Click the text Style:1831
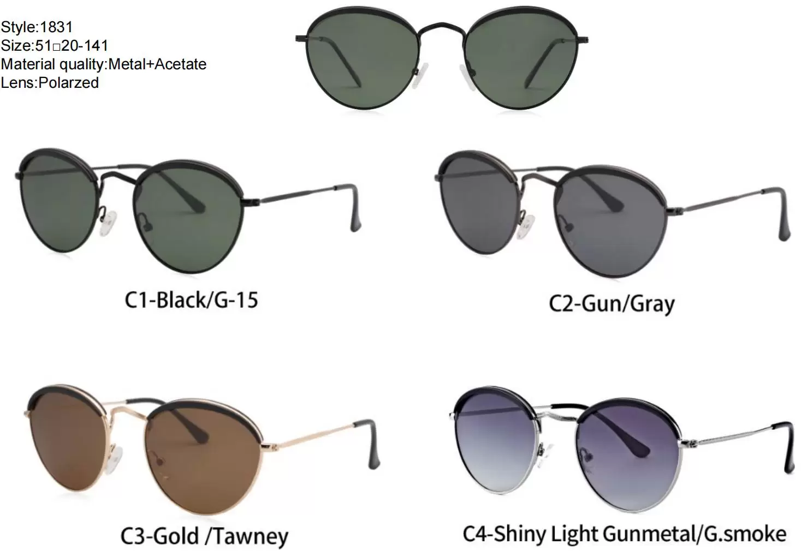[x=37, y=27]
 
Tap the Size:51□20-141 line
[x=55, y=45]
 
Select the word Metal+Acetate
[x=157, y=64]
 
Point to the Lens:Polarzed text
[x=50, y=82]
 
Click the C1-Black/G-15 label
[x=191, y=300]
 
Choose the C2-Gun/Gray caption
[x=612, y=304]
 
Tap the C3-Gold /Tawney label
[x=204, y=536]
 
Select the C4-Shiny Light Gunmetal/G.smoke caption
[x=625, y=534]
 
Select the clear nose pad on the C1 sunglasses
[x=108, y=223]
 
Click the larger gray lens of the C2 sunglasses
[x=610, y=221]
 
